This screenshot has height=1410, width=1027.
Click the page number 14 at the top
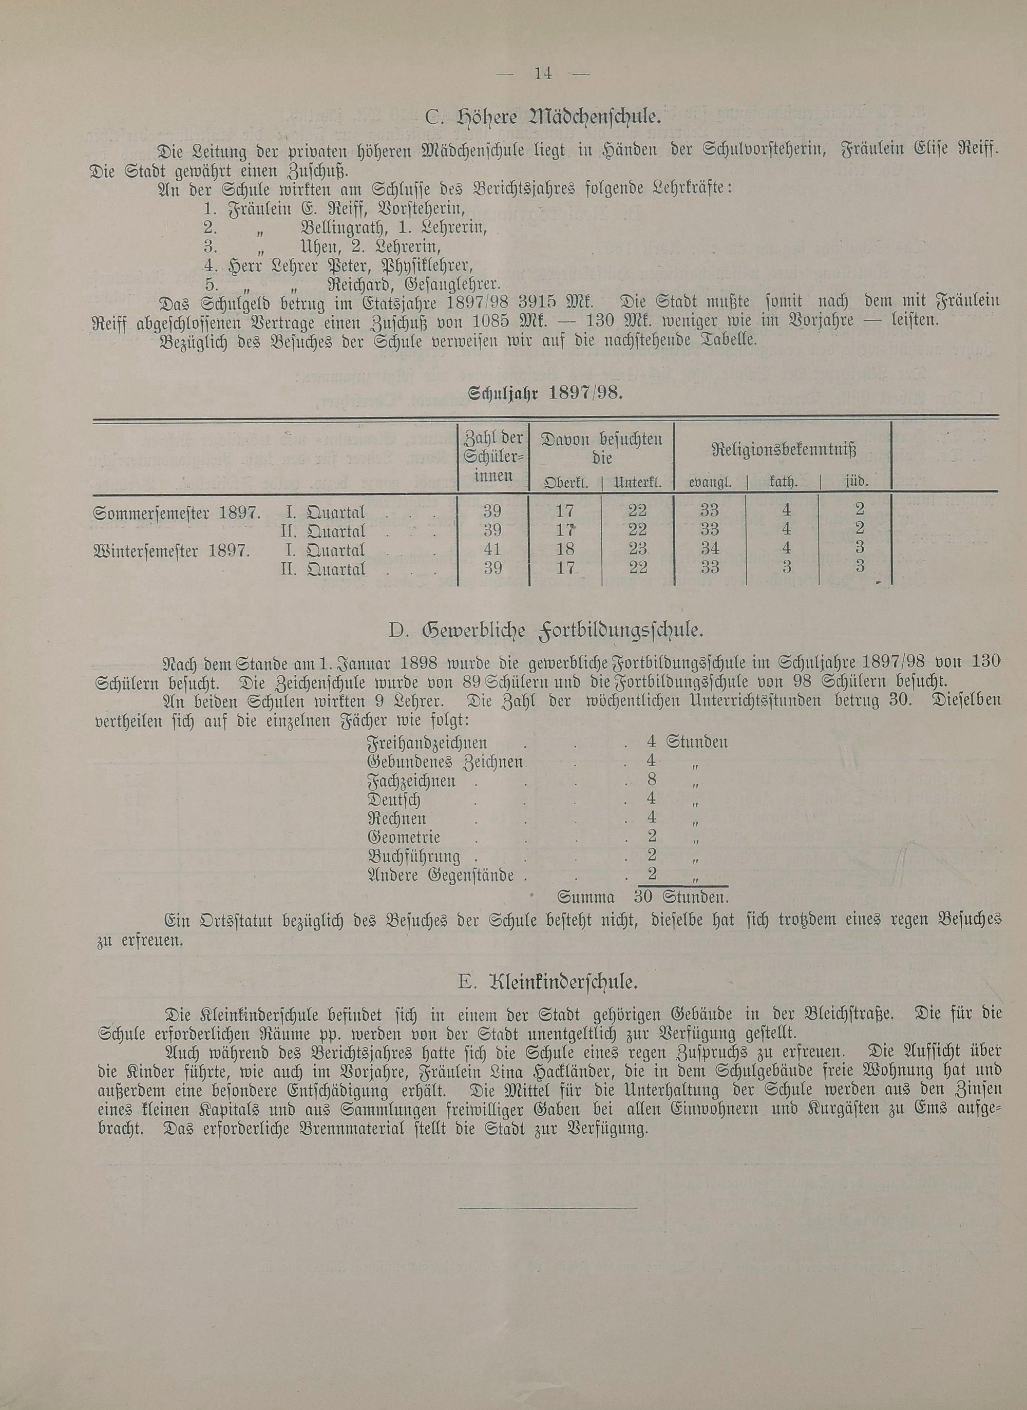coord(543,73)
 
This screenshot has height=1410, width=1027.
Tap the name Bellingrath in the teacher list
coord(334,227)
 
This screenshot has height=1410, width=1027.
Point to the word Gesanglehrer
coord(452,285)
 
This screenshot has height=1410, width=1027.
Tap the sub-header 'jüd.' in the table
coord(856,482)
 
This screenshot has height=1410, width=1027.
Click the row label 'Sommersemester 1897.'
coord(177,513)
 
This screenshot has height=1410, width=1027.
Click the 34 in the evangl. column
coord(709,549)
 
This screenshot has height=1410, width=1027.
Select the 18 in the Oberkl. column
coord(564,549)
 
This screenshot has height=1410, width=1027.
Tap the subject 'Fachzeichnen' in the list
coord(411,781)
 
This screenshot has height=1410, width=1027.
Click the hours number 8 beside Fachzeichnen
coord(652,779)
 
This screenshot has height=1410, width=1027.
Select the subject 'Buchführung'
coord(414,856)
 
